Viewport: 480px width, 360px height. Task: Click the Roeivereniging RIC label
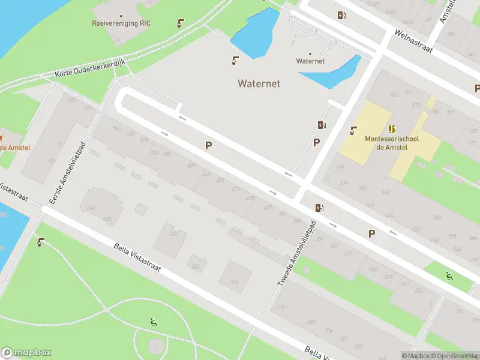click(x=121, y=23)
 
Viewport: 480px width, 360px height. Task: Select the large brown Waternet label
click(x=259, y=84)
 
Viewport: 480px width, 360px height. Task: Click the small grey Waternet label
click(x=310, y=61)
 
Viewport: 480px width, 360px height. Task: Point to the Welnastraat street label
click(x=413, y=41)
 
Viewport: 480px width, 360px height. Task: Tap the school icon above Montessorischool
click(x=392, y=129)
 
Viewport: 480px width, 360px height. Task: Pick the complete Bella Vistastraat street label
click(x=137, y=257)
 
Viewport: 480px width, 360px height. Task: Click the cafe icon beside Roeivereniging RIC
click(x=181, y=24)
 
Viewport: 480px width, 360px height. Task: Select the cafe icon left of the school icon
click(x=354, y=130)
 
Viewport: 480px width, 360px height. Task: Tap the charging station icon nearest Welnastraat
click(x=341, y=16)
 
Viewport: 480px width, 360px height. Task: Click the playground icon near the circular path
click(x=154, y=322)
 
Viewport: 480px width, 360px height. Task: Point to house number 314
click(x=234, y=281)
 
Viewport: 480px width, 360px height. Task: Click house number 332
click(x=173, y=233)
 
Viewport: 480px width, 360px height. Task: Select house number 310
click(x=280, y=308)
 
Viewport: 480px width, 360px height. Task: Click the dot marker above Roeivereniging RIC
click(x=121, y=16)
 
